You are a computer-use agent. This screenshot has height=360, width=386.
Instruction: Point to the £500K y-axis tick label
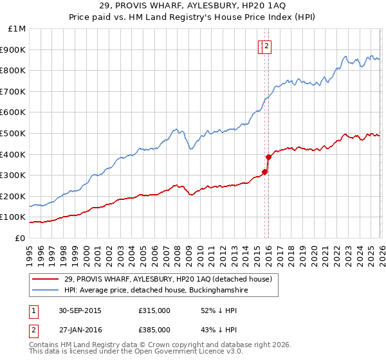coord(13,133)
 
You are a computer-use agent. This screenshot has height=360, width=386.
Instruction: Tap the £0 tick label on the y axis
coord(21,238)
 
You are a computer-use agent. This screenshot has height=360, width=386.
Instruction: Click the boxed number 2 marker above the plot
coord(266,46)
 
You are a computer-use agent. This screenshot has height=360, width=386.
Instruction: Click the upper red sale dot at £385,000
coord(268,157)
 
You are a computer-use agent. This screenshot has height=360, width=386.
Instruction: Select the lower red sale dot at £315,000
coord(264,172)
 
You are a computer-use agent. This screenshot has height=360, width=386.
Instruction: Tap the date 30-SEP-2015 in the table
coord(80,310)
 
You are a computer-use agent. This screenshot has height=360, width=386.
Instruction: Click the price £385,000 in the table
coord(154,329)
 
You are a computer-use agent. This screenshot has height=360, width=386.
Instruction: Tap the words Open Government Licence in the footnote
coord(178,352)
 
